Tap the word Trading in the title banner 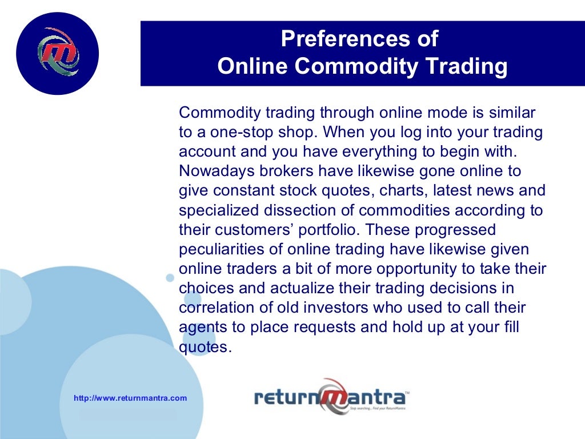coord(466,66)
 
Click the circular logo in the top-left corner coord(57,53)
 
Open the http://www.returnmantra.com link coord(130,398)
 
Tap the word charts coord(408,190)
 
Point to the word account coord(203,151)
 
